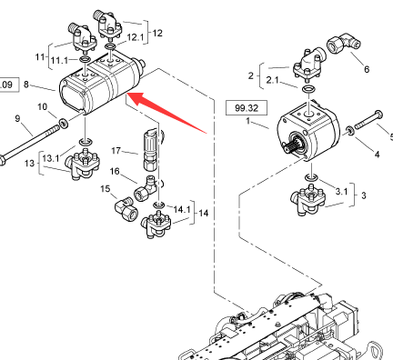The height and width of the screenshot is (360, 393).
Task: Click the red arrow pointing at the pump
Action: tap(166, 113)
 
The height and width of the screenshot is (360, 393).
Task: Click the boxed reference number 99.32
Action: tap(247, 108)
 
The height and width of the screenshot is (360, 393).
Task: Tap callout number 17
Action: tap(116, 151)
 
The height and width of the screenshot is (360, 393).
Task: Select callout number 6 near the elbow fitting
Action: tap(367, 69)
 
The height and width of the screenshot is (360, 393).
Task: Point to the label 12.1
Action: tap(136, 37)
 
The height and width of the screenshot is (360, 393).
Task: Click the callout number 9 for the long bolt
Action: tap(17, 118)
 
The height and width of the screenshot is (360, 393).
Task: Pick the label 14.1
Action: tap(182, 209)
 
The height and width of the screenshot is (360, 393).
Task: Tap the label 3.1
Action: tap(341, 192)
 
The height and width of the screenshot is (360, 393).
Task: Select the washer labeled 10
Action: tap(64, 124)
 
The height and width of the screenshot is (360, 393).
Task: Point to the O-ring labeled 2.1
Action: tap(308, 89)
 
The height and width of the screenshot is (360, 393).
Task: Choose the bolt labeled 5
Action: tap(368, 120)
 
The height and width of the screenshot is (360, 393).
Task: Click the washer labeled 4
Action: tap(350, 131)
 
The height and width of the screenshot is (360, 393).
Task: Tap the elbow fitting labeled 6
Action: tap(344, 45)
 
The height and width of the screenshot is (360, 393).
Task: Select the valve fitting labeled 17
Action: tap(151, 148)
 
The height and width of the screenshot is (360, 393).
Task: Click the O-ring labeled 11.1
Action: tap(86, 59)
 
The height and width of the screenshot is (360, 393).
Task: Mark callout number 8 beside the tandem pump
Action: tap(26, 85)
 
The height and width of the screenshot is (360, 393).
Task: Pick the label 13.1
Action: tap(51, 158)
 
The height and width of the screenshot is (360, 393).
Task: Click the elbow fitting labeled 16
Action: tap(146, 187)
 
